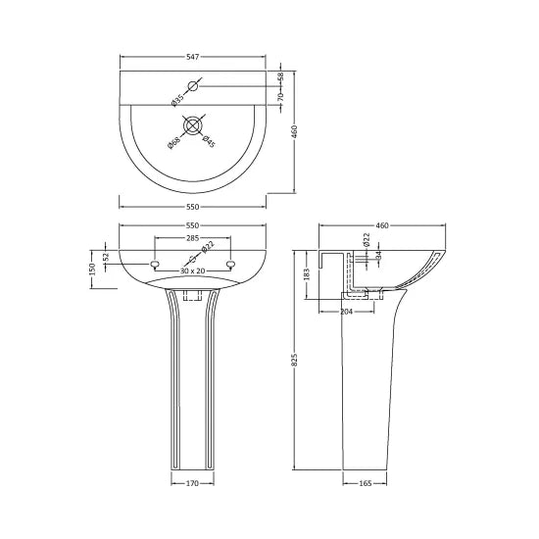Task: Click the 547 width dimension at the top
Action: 192,58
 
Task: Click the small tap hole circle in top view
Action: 193,87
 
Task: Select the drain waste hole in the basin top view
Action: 192,125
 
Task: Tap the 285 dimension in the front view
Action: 192,238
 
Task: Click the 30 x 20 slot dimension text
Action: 192,270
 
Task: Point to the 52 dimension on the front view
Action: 107,257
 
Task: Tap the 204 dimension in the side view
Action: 345,312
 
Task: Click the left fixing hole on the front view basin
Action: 155,265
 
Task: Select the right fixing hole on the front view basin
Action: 230,265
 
